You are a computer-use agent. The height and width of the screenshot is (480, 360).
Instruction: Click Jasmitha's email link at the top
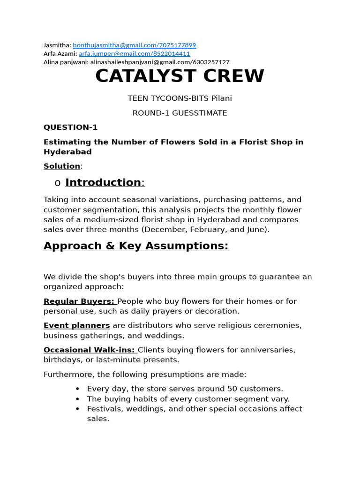tap(135, 45)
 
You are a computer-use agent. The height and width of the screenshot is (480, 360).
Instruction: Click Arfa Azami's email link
tap(135, 54)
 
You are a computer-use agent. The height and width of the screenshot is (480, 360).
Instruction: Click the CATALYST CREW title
tap(180, 76)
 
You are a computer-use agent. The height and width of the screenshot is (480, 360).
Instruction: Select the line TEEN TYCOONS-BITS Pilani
tap(180, 98)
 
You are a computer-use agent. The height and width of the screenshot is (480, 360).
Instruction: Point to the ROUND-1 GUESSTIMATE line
tap(180, 113)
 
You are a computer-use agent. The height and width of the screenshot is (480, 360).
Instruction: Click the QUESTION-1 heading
tap(71, 127)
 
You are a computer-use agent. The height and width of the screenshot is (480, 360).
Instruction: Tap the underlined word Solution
tap(62, 166)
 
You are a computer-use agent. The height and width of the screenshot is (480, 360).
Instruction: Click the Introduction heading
tap(103, 182)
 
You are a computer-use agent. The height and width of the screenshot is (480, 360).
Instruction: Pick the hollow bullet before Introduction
tap(58, 183)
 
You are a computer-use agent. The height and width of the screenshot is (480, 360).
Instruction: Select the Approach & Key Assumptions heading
tap(136, 246)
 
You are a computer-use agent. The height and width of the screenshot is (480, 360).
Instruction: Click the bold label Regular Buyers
tap(79, 301)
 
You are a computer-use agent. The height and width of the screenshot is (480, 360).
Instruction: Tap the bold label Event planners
tap(77, 325)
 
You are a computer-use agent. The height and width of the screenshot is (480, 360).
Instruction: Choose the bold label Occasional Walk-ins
tap(89, 350)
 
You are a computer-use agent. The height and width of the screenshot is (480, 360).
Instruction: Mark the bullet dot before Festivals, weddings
tap(78, 409)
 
